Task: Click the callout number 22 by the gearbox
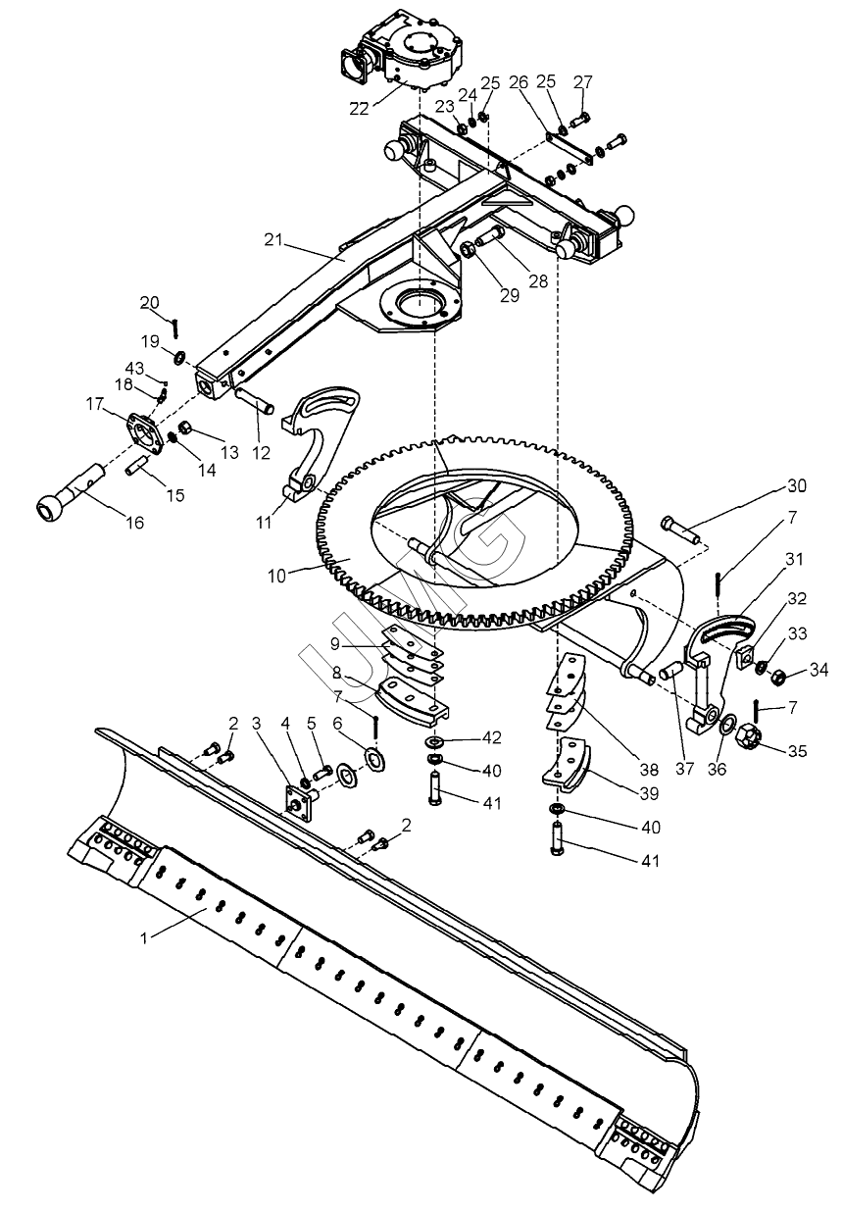pos(359,109)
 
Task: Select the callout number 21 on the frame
pos(273,240)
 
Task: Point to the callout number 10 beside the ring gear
pos(276,577)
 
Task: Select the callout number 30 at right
pos(797,485)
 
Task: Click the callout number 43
pos(134,369)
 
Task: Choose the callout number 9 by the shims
pos(335,644)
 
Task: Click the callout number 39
pos(649,793)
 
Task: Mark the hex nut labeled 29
pos(467,250)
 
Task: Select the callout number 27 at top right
pos(583,82)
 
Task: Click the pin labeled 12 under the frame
pos(256,399)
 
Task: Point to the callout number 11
pos(264,523)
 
